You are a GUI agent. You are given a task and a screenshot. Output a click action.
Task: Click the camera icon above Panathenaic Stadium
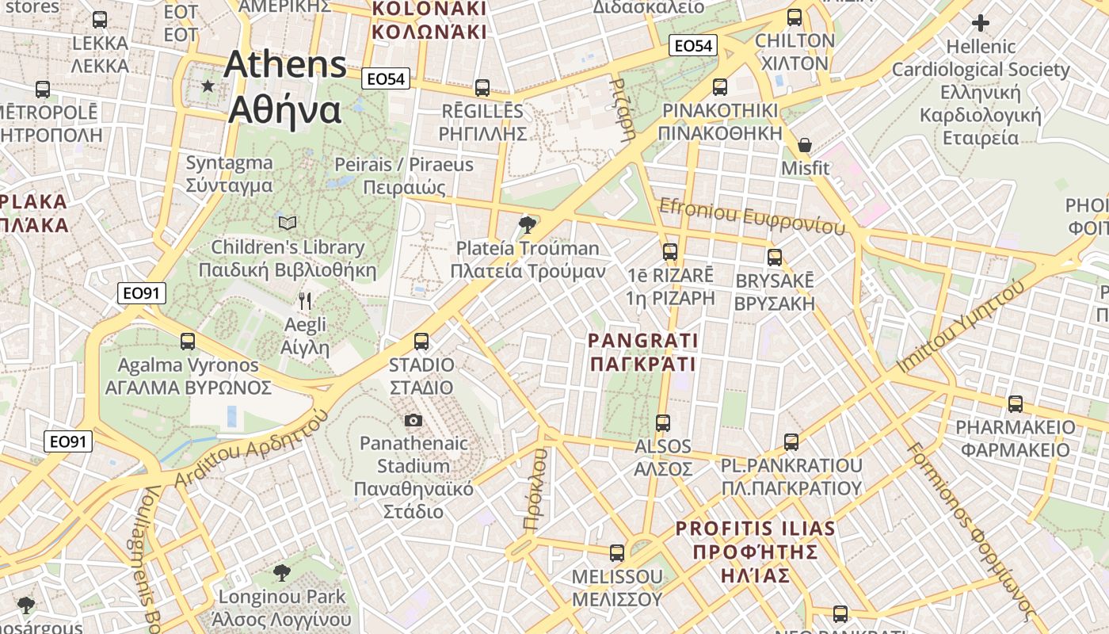413,420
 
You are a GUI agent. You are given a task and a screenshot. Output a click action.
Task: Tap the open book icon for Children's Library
288,223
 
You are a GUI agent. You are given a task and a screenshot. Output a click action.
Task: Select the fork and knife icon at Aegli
305,301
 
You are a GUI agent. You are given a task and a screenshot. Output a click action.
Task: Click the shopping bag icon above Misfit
805,145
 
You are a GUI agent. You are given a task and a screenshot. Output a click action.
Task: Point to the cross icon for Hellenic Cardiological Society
981,23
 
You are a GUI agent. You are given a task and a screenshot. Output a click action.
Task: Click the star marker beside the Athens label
208,86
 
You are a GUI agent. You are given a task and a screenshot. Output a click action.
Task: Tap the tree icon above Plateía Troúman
527,225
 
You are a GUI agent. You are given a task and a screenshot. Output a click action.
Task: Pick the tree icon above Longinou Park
282,573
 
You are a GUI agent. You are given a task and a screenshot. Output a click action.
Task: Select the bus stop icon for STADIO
421,342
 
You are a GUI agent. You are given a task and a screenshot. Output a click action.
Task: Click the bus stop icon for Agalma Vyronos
188,342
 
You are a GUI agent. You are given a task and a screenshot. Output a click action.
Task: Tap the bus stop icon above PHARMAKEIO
1016,404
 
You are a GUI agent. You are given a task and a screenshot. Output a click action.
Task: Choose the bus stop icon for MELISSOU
617,552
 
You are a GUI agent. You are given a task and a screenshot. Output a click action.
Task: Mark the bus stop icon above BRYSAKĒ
775,258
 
